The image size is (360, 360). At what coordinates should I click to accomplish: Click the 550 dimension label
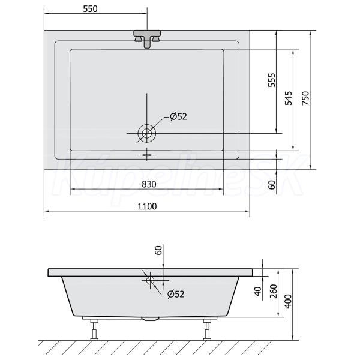(90, 9)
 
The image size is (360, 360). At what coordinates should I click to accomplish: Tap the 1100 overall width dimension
(147, 206)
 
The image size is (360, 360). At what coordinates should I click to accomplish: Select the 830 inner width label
(149, 184)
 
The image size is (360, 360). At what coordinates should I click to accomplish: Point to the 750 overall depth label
(305, 98)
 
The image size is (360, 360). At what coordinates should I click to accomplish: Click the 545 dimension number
(289, 98)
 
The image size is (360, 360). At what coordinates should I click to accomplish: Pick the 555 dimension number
(272, 80)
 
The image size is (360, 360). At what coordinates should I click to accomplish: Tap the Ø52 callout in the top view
(178, 116)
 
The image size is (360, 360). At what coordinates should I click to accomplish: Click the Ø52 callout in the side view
(176, 294)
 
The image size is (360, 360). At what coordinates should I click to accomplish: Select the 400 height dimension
(288, 301)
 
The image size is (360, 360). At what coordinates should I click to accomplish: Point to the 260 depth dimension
(274, 291)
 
